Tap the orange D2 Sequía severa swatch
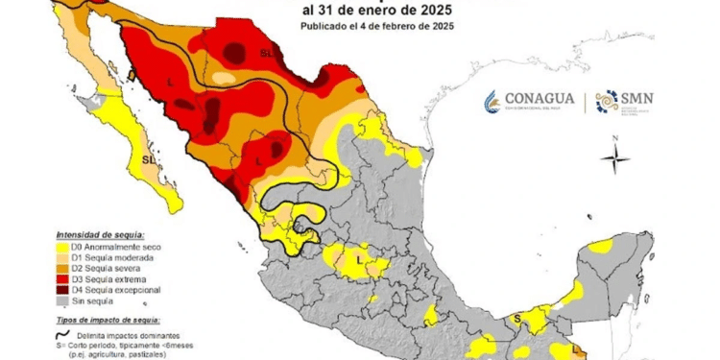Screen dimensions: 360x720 click(x=63, y=270)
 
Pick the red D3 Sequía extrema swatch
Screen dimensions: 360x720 click(x=63, y=279)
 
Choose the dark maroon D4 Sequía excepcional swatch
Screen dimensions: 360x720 click(x=63, y=289)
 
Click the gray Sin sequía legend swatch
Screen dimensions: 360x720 click(x=63, y=300)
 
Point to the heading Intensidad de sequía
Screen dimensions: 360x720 click(x=100, y=234)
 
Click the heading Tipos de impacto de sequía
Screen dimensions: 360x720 click(x=108, y=318)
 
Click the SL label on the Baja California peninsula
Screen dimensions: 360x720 click(x=148, y=158)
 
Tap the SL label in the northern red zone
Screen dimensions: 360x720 click(x=267, y=55)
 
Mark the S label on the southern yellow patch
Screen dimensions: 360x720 click(x=516, y=318)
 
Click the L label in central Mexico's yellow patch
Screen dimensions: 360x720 click(x=358, y=259)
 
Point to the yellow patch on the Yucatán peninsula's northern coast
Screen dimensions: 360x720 click(x=600, y=247)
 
